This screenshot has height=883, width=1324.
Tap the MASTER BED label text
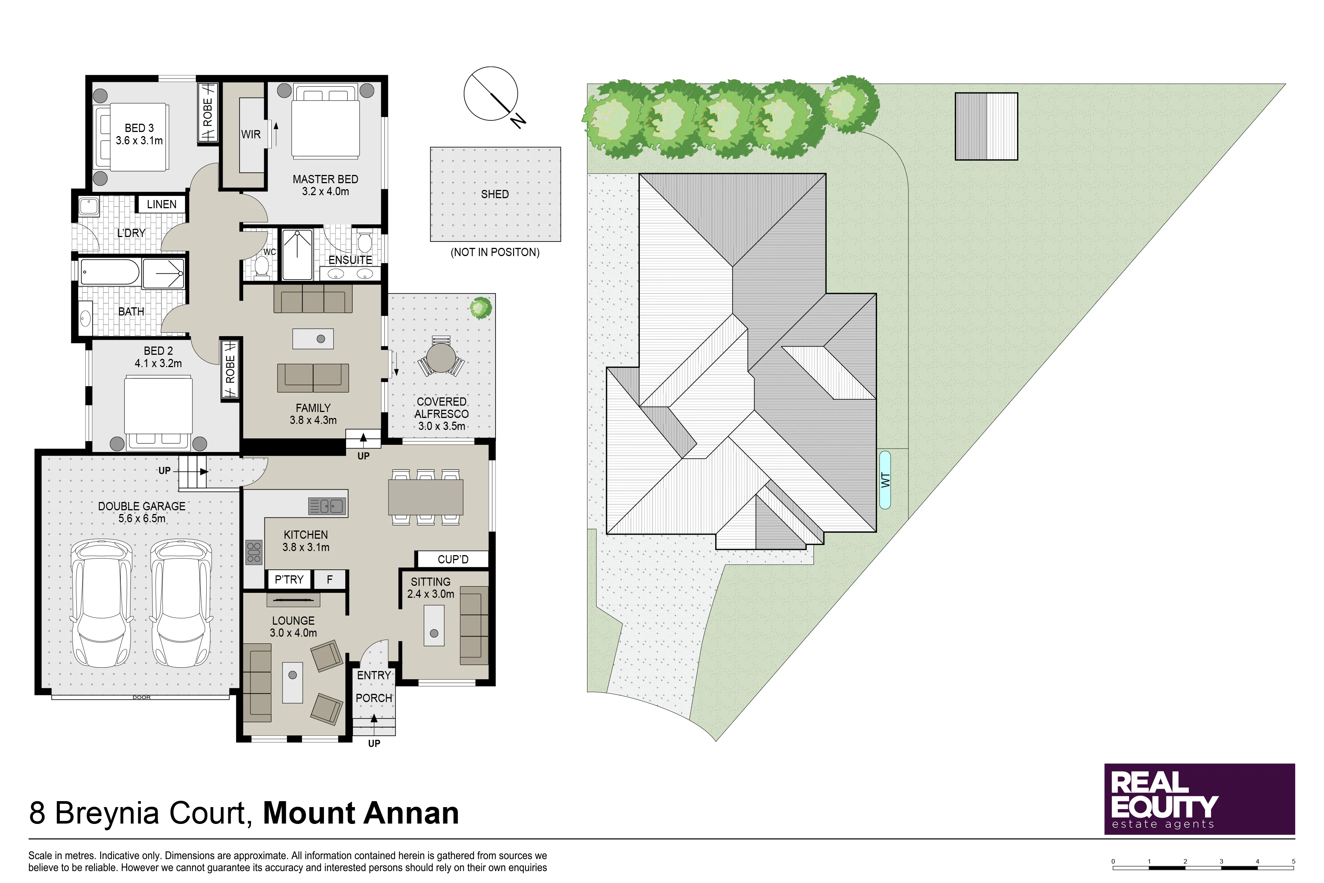tap(325, 179)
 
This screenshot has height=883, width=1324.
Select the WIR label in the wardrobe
tap(251, 135)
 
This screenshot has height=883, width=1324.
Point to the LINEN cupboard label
tap(161, 204)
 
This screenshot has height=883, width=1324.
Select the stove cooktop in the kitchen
tap(254, 553)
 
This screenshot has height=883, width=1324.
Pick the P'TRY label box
tap(289, 579)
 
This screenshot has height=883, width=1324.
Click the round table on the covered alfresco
tap(441, 358)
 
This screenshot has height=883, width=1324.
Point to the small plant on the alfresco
tap(481, 307)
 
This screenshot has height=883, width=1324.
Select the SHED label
tap(495, 194)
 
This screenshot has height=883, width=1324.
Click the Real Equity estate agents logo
tap(1200, 799)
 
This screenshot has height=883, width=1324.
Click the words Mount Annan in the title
tap(361, 813)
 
